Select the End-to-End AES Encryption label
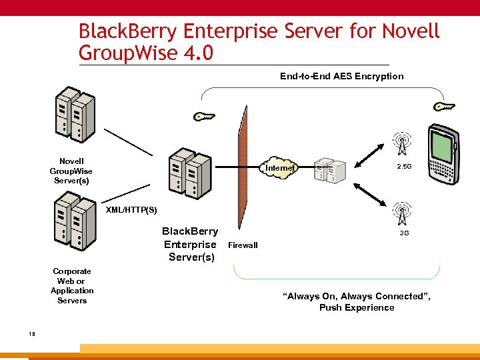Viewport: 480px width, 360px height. tap(341, 76)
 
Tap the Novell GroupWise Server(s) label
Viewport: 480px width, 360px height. tap(71, 171)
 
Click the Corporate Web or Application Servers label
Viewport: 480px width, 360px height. tap(72, 286)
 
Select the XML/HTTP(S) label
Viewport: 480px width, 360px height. tap(132, 210)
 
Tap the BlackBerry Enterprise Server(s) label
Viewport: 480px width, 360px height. tap(191, 244)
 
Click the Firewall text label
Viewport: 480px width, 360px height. tap(243, 245)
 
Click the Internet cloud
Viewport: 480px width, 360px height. tap(279, 168)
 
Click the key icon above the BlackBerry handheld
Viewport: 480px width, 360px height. tap(443, 107)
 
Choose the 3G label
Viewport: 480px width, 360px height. tap(404, 233)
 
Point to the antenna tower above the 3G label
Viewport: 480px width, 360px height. tap(403, 213)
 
